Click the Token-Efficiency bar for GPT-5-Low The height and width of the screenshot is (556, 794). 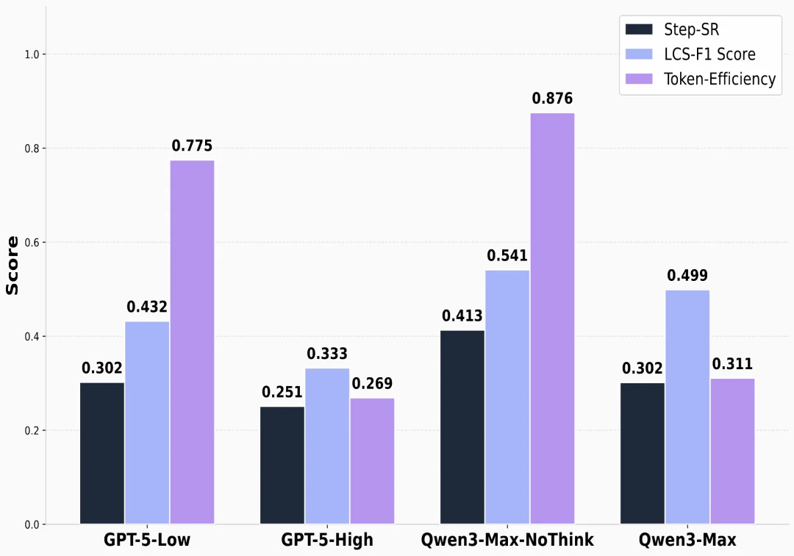(192, 342)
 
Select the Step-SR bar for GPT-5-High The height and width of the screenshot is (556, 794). (282, 465)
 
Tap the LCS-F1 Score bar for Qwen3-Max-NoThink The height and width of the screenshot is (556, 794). (507, 397)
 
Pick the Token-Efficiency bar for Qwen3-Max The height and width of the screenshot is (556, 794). (732, 451)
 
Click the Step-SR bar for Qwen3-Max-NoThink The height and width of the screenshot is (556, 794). (462, 427)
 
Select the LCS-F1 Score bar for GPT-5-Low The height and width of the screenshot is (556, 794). (147, 422)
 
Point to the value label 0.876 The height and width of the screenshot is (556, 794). (552, 99)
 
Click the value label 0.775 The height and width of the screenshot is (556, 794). (192, 146)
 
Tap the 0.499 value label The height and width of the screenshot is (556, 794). (687, 276)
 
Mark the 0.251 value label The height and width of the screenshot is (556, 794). (282, 392)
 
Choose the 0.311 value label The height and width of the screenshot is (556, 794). (732, 363)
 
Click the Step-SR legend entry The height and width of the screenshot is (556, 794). (672, 29)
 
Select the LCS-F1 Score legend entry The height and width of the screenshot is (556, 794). (690, 54)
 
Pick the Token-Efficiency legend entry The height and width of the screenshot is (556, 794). (701, 79)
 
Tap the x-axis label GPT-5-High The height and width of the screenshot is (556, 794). (327, 540)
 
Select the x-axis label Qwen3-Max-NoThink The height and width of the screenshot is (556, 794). (507, 540)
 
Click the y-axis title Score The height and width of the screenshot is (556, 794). (12, 265)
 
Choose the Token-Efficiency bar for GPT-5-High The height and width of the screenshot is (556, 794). (372, 461)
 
